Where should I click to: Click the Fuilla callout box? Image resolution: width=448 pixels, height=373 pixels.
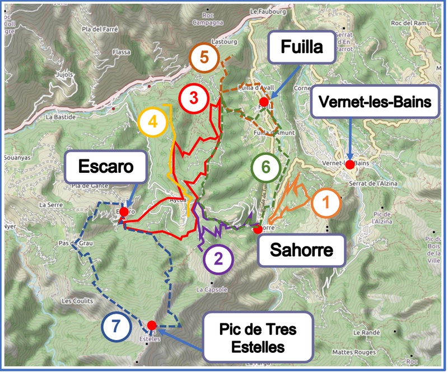(302, 48)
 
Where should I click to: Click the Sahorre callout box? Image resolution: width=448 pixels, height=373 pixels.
(301, 249)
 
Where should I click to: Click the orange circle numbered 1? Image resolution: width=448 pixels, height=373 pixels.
(326, 204)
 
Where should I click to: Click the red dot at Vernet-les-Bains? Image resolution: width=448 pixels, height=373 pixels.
(349, 164)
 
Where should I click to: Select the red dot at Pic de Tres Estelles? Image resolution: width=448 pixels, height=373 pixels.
(151, 325)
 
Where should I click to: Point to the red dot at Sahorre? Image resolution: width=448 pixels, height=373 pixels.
(257, 229)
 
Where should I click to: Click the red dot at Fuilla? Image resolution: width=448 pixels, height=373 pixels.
(263, 102)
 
